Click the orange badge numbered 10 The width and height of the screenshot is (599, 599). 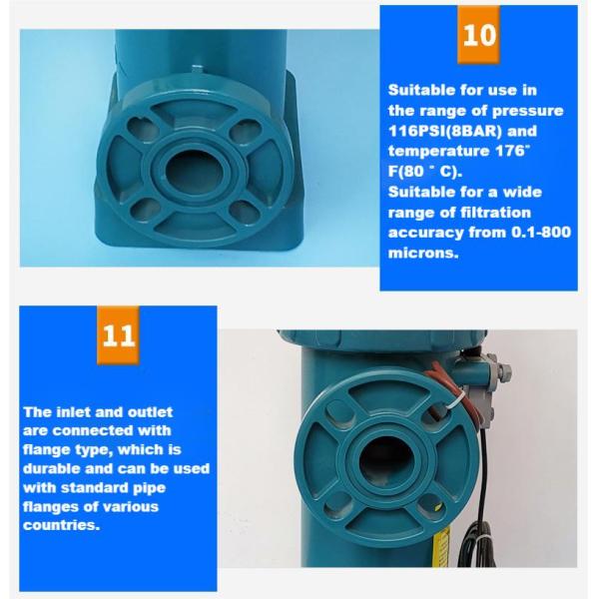[478, 35]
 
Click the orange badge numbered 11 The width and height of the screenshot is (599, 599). [119, 335]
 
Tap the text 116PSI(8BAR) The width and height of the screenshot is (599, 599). [444, 131]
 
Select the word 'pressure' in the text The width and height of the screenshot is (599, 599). [527, 111]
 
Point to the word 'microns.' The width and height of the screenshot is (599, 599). [423, 253]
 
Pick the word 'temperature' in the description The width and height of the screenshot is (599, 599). [439, 152]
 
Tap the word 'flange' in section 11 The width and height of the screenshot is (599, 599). [47, 450]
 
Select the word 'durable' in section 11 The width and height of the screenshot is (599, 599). [52, 468]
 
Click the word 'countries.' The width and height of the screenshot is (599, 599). [62, 525]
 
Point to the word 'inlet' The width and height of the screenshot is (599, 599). [73, 412]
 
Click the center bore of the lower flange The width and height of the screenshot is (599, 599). [384, 459]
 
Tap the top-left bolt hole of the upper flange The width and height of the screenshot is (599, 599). [136, 128]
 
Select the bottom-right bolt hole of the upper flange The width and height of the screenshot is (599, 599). [242, 210]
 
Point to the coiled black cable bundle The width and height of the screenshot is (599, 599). [477, 542]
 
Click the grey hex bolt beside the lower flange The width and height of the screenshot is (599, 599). [504, 369]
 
